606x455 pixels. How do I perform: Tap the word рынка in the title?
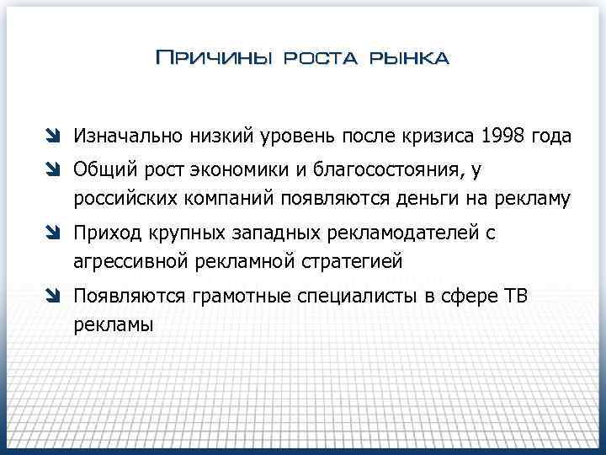(412, 58)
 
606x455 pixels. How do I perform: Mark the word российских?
(121, 199)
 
